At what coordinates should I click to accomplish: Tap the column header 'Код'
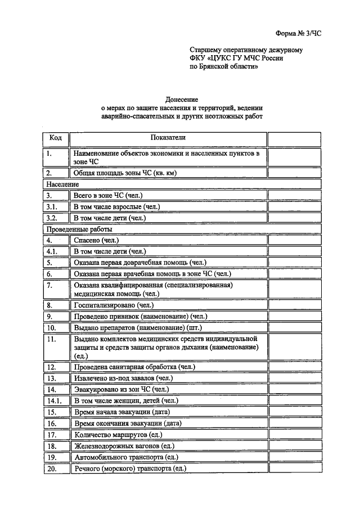pos(56,138)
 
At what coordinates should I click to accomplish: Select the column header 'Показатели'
pos(167,138)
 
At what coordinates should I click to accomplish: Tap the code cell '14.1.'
pos(55,401)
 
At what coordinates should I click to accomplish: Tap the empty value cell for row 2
pos(294,173)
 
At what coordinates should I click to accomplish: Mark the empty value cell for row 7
pos(294,289)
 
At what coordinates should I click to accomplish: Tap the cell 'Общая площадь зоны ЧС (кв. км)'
pos(125,173)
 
